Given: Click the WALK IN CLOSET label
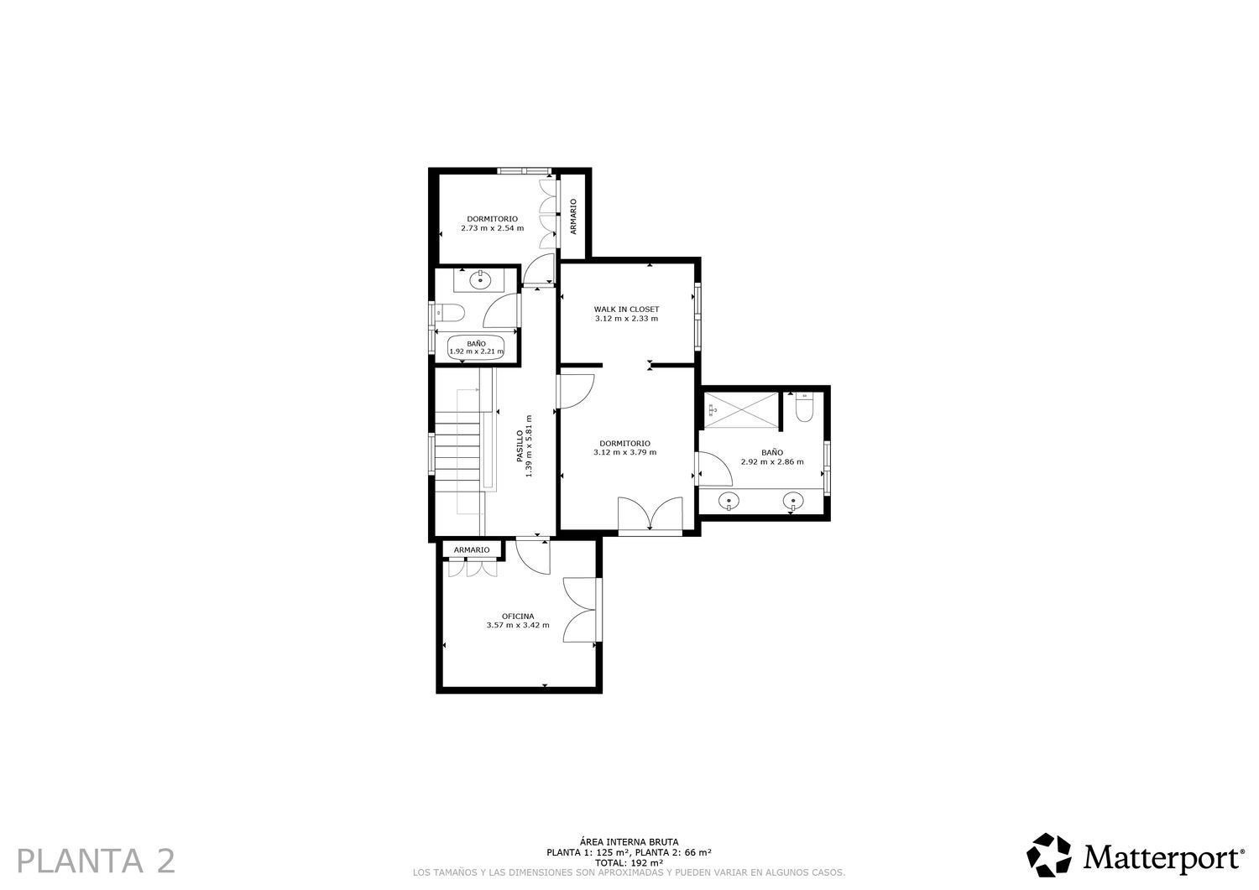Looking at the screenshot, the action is [626, 309].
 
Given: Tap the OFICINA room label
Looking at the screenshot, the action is [518, 616].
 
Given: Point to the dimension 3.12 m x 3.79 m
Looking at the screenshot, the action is [624, 452].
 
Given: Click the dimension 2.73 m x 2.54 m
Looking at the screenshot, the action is [492, 228].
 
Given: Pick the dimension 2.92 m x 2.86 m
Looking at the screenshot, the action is [771, 462].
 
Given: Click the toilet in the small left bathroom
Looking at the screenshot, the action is [450, 312].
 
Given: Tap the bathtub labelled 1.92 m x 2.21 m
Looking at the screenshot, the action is [476, 347].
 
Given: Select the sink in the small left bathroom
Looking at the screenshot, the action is [481, 280].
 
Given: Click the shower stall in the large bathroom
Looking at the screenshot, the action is [741, 411].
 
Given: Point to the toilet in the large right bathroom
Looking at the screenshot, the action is [805, 408].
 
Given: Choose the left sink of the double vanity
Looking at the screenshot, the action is [729, 499].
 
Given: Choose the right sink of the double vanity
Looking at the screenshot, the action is [792, 499].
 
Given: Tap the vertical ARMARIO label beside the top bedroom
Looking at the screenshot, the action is [573, 216].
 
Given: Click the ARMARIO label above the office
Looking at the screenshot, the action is [472, 549].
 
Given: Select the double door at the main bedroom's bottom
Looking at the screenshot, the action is [650, 513].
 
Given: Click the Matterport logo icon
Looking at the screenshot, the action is [1049, 855].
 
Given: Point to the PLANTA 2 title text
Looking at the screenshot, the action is [97, 861].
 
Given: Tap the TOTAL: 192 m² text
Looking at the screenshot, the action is [629, 862].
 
